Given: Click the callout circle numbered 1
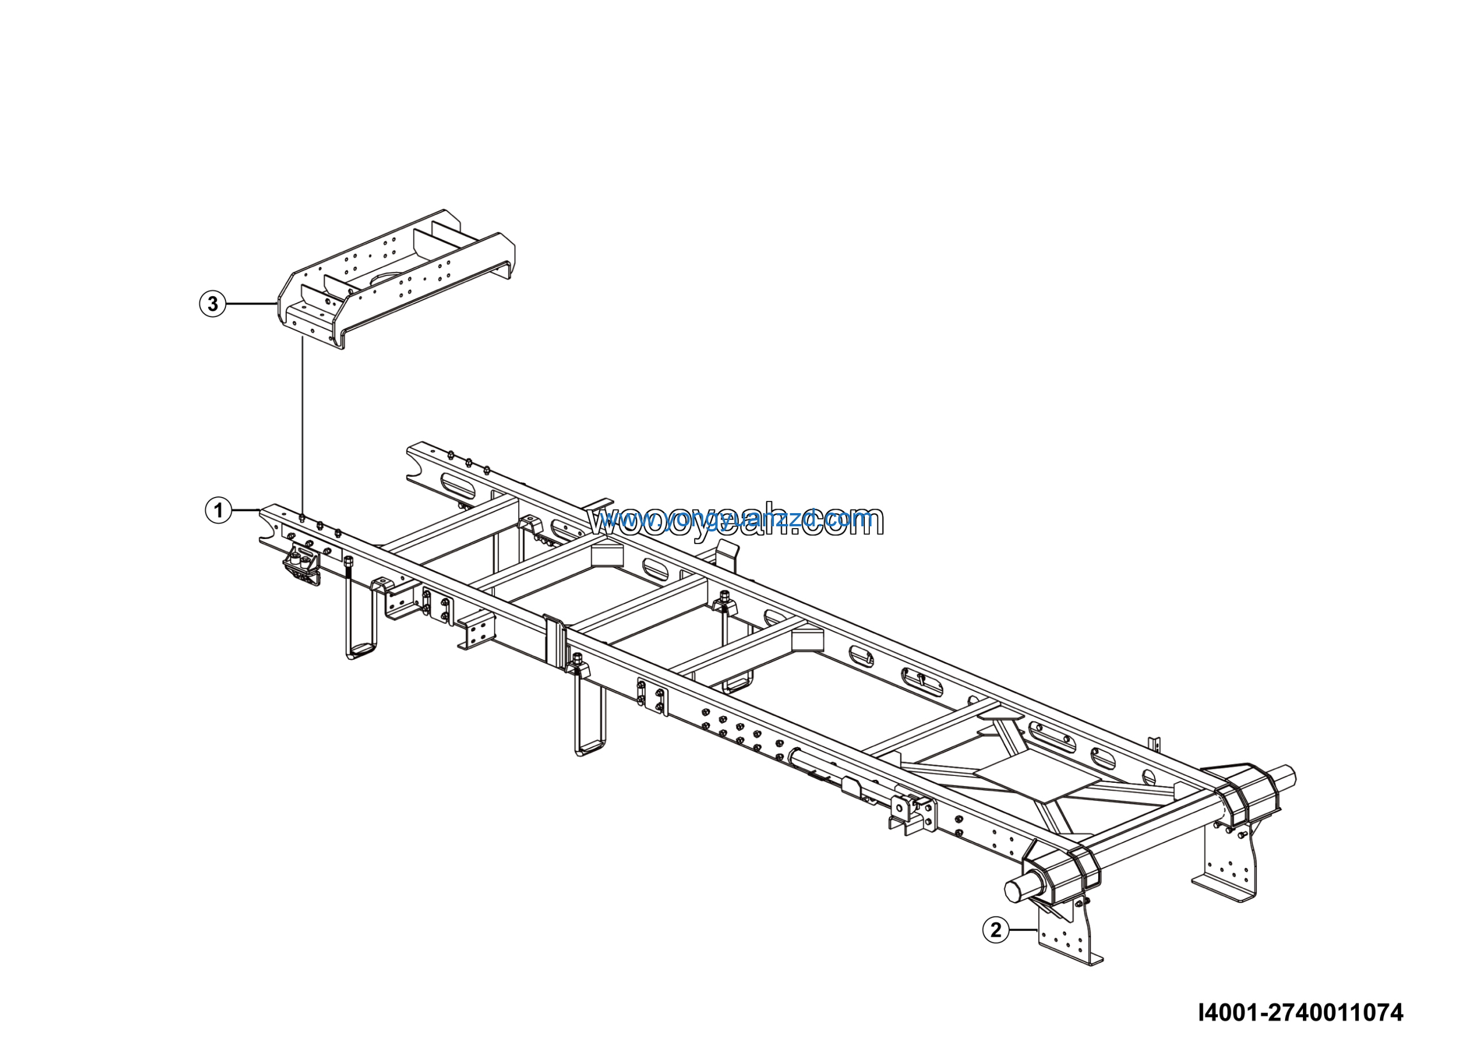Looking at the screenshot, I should click(218, 510).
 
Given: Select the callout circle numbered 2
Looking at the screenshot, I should click(996, 930).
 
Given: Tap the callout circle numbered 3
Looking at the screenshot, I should click(213, 303).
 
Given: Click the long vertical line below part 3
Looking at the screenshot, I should click(302, 423).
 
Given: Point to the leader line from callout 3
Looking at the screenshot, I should click(251, 303).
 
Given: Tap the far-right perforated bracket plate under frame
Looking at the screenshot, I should click(1228, 862).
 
